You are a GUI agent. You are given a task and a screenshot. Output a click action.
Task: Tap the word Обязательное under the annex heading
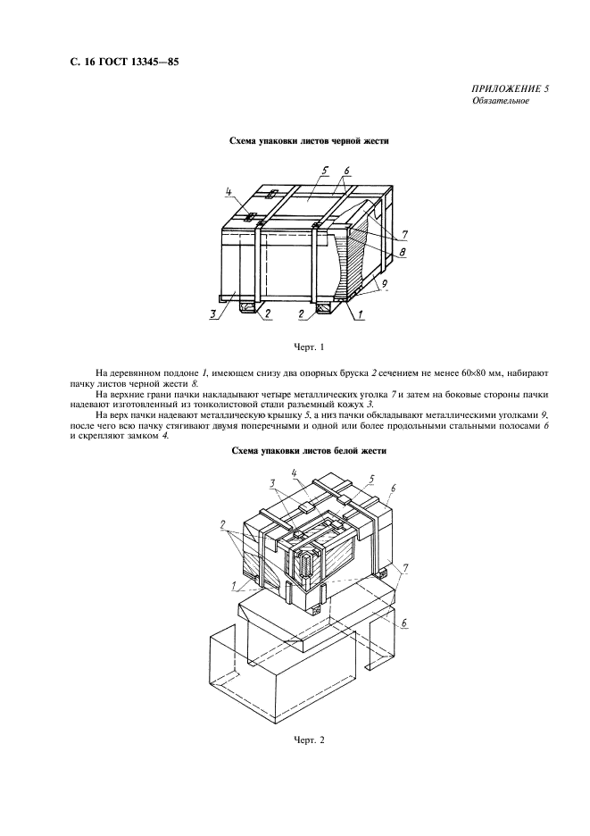(x=501, y=102)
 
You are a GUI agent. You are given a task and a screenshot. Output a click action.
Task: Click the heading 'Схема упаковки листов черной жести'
(x=308, y=141)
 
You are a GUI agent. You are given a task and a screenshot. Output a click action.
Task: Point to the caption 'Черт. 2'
(x=308, y=740)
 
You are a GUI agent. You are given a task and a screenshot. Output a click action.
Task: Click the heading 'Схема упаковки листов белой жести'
(x=308, y=451)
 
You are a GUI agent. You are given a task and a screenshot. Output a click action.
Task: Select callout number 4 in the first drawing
(x=229, y=191)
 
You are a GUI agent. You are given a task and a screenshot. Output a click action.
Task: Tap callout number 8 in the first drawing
(x=403, y=253)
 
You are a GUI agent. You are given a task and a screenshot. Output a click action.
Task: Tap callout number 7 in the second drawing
(x=407, y=568)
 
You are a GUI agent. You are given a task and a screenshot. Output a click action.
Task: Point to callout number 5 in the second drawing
(x=370, y=479)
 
